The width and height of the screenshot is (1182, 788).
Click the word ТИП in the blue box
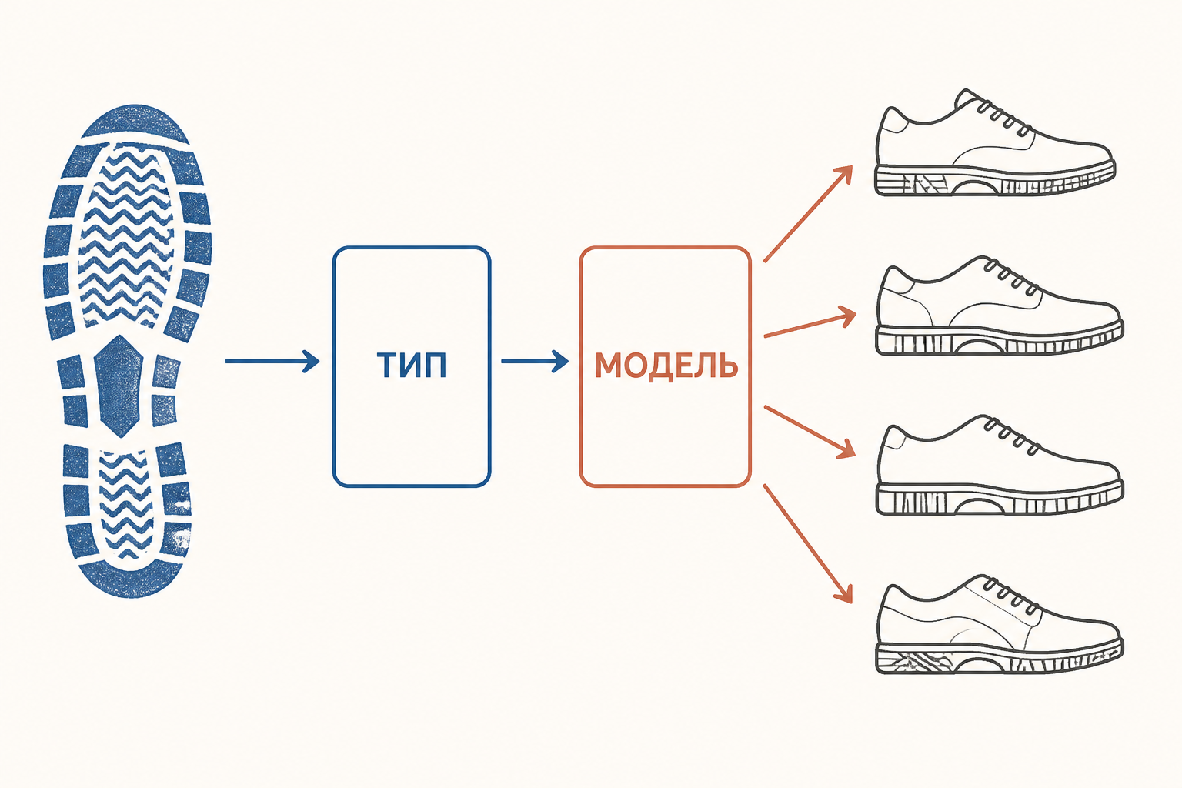[x=412, y=365]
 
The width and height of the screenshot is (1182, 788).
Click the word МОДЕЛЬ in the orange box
[x=666, y=366]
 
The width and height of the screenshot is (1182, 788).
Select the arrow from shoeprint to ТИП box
[x=272, y=362]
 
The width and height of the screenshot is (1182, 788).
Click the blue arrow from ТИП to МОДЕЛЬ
[x=535, y=362]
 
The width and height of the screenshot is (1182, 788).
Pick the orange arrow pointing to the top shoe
[x=809, y=214]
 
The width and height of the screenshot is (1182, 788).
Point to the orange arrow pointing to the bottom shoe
[x=808, y=543]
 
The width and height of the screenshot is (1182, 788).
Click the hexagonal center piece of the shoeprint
[x=119, y=386]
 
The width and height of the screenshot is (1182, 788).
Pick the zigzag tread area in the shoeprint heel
[x=125, y=505]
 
